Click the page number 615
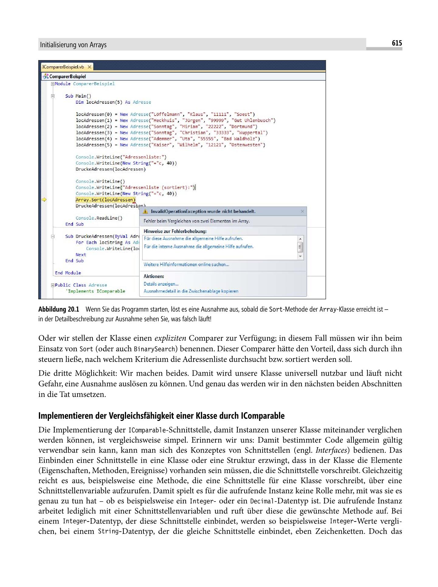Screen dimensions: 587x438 pyautogui.click(x=397, y=43)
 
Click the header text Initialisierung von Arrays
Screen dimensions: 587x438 pyautogui.click(x=73, y=45)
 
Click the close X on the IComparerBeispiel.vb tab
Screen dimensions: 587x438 pyautogui.click(x=89, y=67)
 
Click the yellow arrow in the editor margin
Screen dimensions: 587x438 pyautogui.click(x=44, y=200)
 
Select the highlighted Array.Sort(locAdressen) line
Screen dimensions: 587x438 pyautogui.click(x=105, y=200)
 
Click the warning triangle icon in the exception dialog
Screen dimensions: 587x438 pyautogui.click(x=145, y=211)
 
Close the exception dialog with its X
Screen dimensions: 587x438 pyautogui.click(x=302, y=211)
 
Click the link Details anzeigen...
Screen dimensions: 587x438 pyautogui.click(x=161, y=284)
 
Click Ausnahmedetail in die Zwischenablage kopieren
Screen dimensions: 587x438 pyautogui.click(x=191, y=291)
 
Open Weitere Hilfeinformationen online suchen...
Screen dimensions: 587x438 pyautogui.click(x=186, y=265)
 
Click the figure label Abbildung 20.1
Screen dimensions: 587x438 pyautogui.click(x=59, y=310)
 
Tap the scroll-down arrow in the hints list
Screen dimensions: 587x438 pyautogui.click(x=300, y=257)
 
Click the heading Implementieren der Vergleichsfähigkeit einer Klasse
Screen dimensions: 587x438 pyautogui.click(x=161, y=416)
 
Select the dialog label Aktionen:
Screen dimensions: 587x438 pyautogui.click(x=154, y=276)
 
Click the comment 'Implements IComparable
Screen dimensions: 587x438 pyautogui.click(x=96, y=291)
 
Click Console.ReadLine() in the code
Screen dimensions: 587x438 pyautogui.click(x=99, y=218)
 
